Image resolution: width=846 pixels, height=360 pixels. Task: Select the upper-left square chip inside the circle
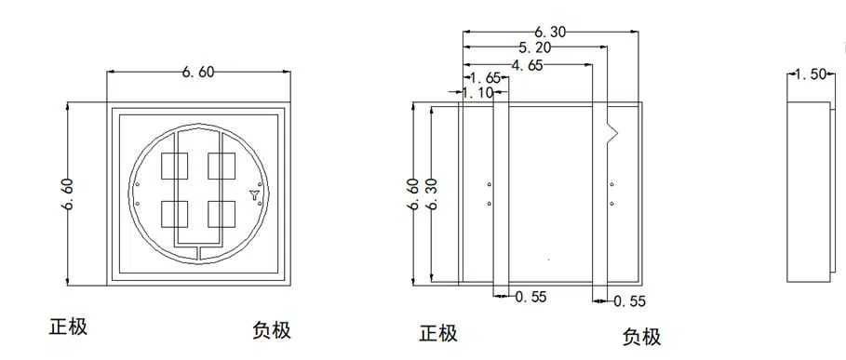tap(174, 166)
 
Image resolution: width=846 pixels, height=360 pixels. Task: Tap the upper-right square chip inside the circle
tap(220, 166)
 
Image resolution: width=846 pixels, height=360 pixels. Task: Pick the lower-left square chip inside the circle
tap(174, 214)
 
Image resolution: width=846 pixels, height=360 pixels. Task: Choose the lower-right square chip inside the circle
tap(220, 214)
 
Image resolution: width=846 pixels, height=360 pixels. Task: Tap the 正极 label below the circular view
tap(69, 327)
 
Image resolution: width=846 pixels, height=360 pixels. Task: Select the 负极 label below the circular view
tap(272, 329)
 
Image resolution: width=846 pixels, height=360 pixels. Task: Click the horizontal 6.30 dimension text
tap(551, 31)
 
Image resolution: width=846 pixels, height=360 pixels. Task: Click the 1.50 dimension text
tap(810, 74)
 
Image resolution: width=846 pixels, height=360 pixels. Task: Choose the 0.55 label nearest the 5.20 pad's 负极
tap(628, 300)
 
